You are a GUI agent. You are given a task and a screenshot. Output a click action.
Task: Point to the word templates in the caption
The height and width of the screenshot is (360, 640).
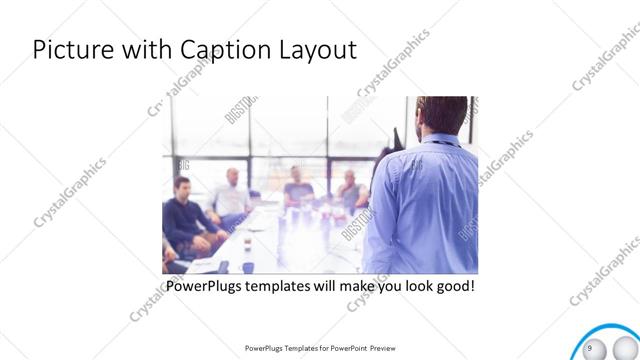pos(290,287)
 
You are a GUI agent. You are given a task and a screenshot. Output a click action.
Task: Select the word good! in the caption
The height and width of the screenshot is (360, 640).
pos(451,287)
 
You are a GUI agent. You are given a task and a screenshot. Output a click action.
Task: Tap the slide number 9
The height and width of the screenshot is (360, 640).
pos(590,347)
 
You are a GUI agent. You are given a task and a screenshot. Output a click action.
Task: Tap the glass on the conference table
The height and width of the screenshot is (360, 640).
pos(222,266)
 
